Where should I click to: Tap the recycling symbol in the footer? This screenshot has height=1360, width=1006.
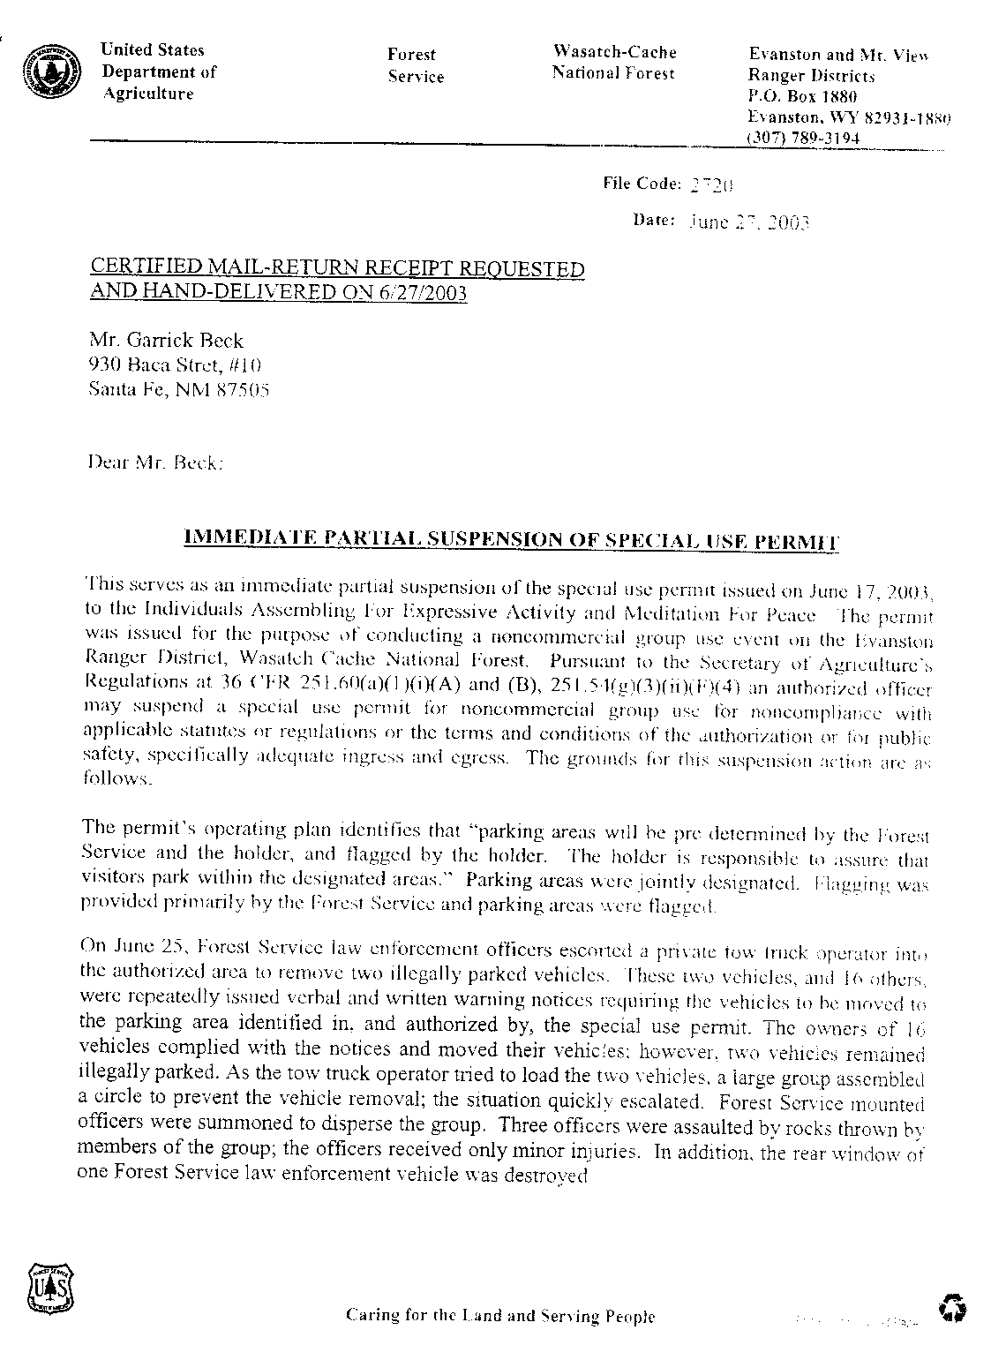coord(953,1307)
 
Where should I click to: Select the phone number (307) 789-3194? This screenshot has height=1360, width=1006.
coord(803,139)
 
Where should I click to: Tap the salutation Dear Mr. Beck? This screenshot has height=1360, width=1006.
coord(155,461)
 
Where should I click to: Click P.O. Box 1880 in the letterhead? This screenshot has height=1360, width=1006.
coord(802,97)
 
